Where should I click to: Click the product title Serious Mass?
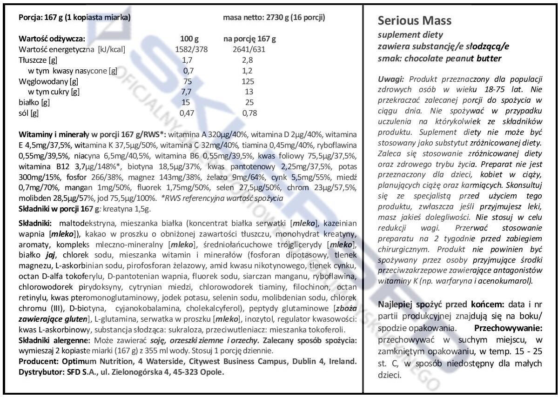point(414,21)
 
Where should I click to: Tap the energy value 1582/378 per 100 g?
point(191,49)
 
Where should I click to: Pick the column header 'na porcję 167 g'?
point(249,39)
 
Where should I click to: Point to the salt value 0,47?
point(188,113)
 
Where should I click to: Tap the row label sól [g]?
point(29,113)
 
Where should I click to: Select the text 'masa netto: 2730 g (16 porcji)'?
point(274,18)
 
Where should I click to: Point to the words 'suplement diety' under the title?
point(403,35)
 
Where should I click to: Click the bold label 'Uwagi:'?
point(391,79)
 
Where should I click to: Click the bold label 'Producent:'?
point(37,361)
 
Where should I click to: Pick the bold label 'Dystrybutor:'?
point(41,371)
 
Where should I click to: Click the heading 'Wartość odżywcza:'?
point(51,39)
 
